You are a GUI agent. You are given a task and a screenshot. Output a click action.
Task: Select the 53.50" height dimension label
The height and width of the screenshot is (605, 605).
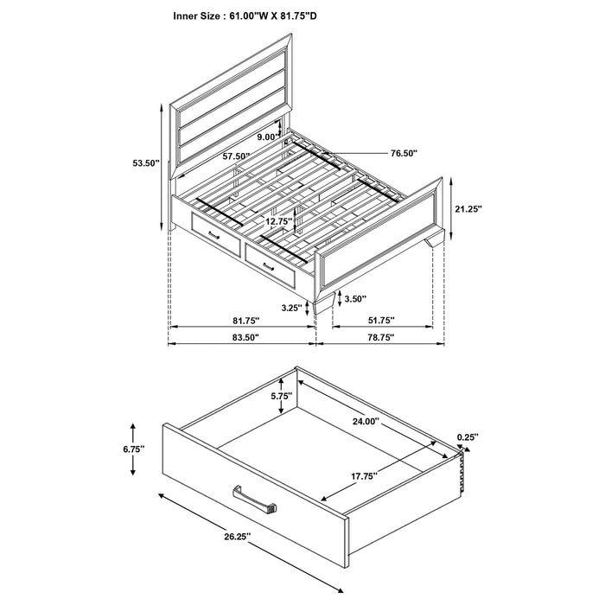coord(145,163)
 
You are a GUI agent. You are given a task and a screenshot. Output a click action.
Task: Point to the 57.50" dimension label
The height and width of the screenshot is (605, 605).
coord(236,156)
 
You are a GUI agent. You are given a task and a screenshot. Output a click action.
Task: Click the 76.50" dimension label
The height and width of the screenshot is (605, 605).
coord(404,153)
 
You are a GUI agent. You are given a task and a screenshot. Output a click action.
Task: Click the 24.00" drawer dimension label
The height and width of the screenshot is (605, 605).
coord(366,422)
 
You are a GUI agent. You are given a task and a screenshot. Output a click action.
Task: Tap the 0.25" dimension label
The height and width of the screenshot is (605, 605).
coord(468,436)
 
